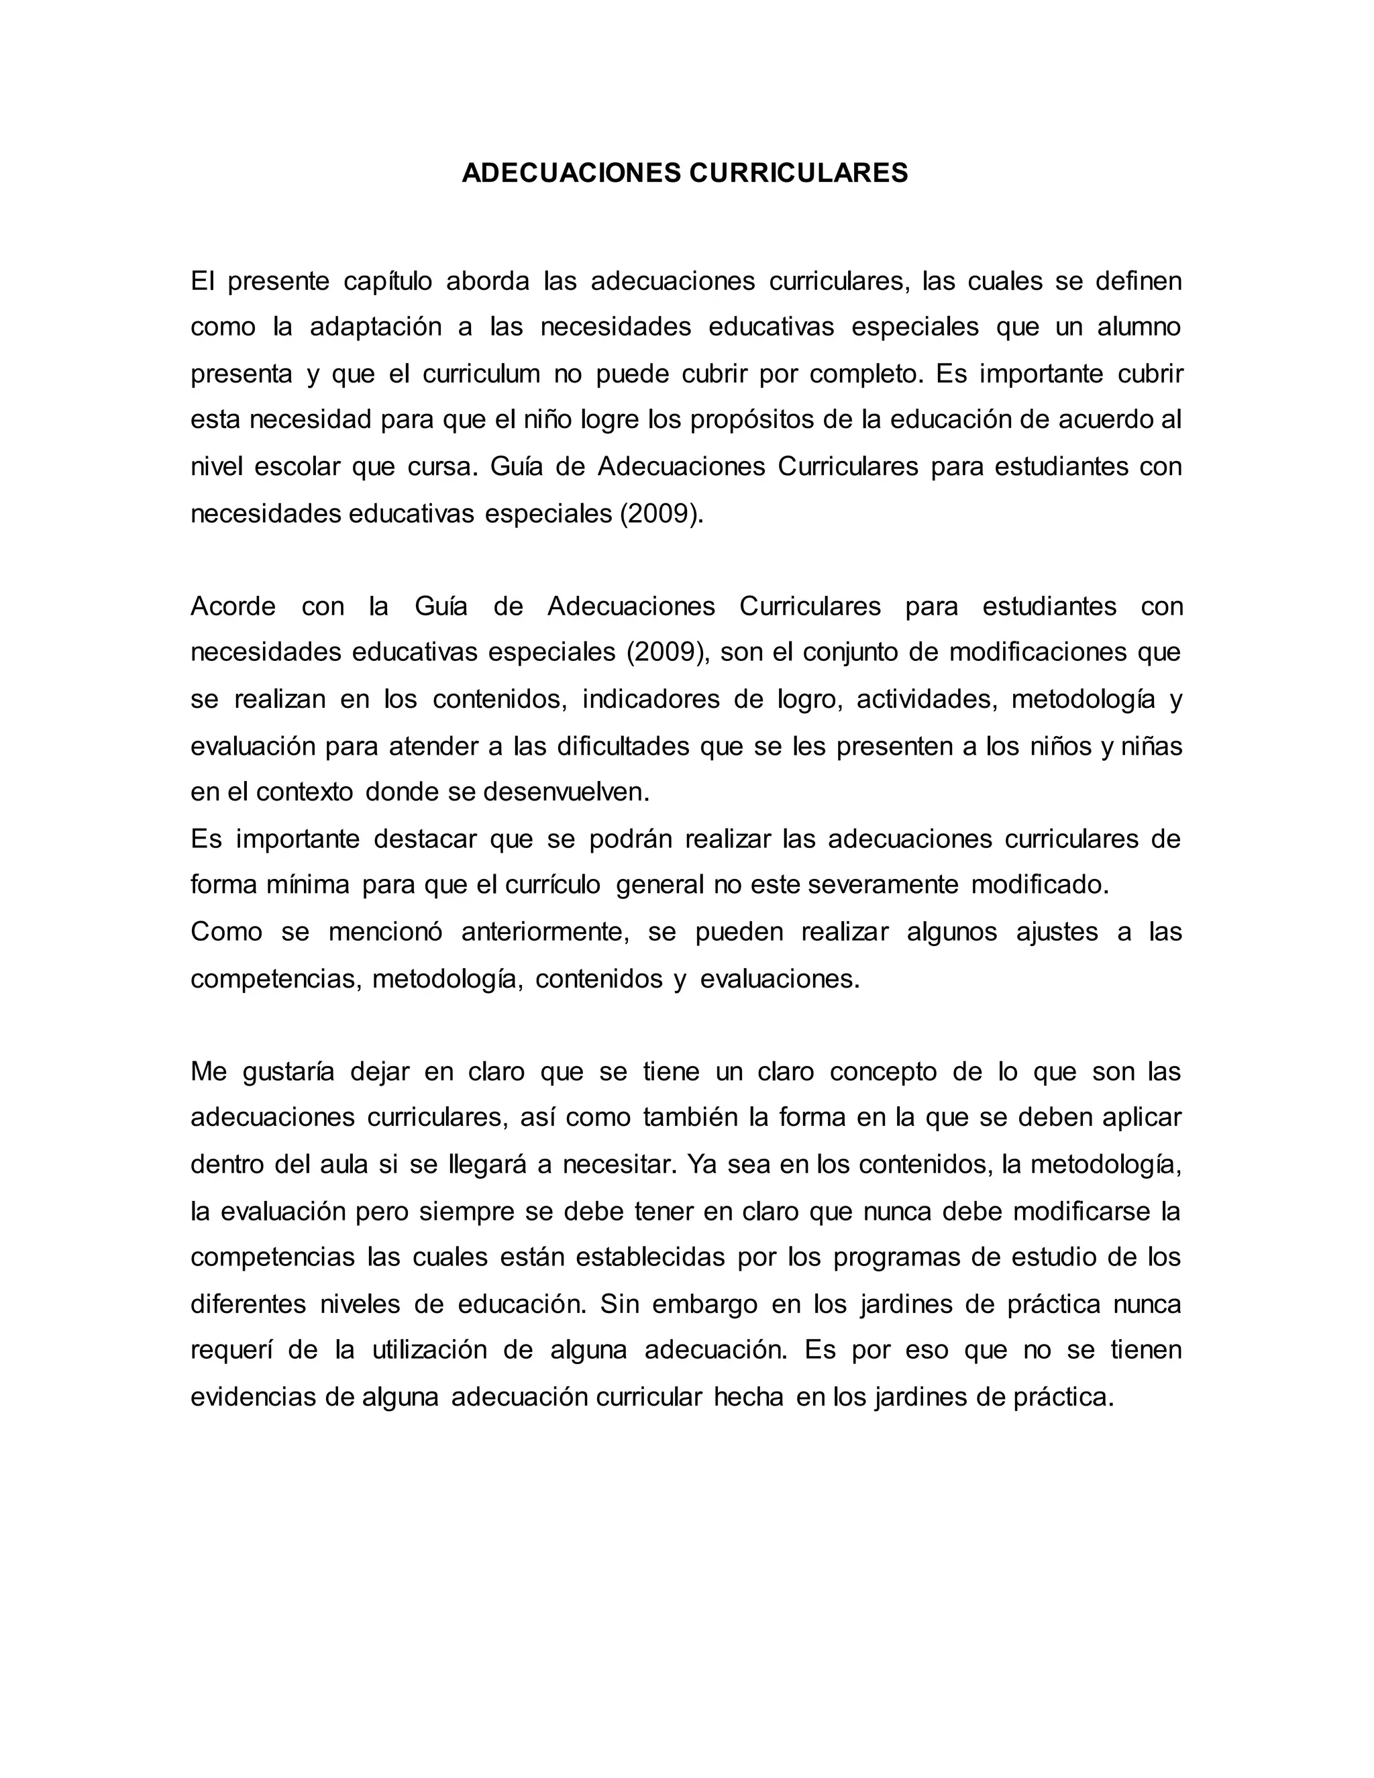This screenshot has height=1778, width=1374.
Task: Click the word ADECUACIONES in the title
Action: (x=572, y=173)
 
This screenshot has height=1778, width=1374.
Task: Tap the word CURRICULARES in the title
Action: (x=799, y=173)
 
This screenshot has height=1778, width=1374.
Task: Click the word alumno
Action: (x=1139, y=327)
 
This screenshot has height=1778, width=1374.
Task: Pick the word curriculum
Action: (x=481, y=374)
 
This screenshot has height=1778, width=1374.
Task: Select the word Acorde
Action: (x=233, y=607)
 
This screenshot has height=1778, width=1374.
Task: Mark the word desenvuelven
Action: (x=566, y=792)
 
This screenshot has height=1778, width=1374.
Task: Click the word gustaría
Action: (x=288, y=1072)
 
